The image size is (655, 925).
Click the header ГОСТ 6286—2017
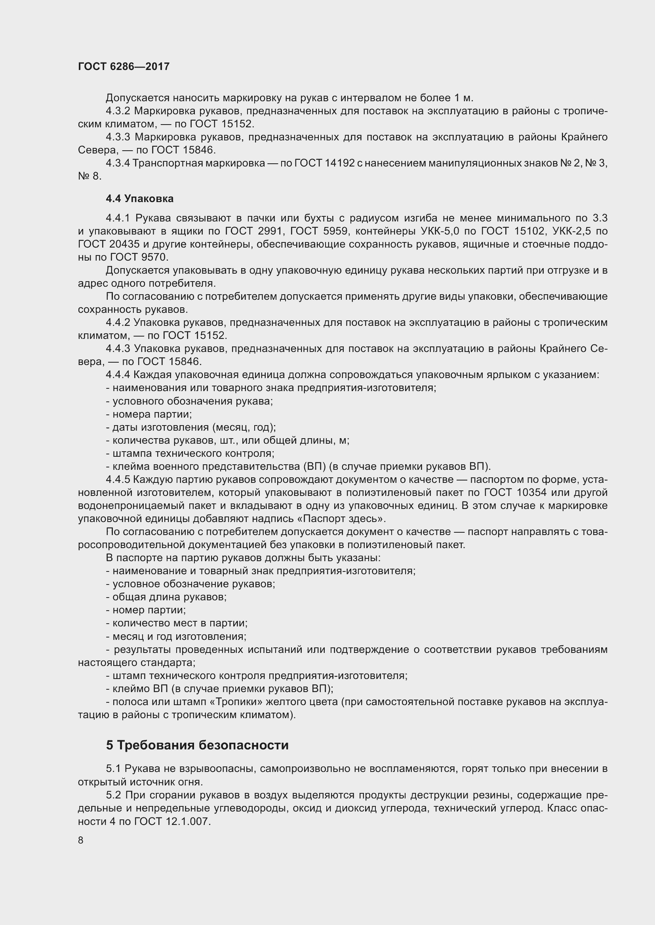tap(124, 66)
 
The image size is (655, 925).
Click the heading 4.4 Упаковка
tap(139, 199)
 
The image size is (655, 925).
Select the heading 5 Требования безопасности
tap(197, 745)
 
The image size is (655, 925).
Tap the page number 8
tap(81, 840)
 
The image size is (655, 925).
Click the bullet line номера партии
tap(149, 414)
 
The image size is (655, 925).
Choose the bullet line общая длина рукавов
tap(167, 597)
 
